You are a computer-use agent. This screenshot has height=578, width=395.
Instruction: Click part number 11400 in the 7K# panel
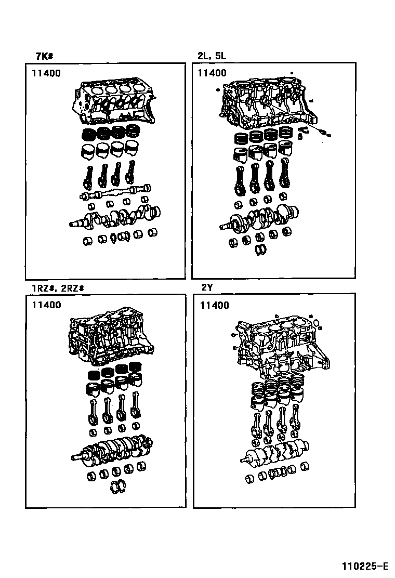(x=46, y=73)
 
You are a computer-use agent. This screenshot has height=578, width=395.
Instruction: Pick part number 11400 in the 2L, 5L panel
(x=212, y=73)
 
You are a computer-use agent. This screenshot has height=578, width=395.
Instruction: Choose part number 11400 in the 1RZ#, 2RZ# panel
(x=46, y=305)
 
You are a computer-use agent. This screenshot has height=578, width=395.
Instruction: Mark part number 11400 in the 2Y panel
(x=214, y=305)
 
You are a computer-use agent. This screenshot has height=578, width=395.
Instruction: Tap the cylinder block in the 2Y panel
(x=278, y=346)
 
